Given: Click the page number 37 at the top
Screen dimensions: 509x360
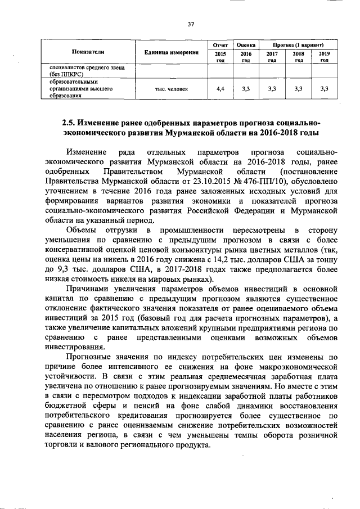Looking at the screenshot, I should tap(190, 24).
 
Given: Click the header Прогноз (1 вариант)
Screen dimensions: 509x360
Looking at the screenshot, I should tap(298, 43).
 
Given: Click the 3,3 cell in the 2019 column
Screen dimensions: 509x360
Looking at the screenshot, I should tap(324, 89).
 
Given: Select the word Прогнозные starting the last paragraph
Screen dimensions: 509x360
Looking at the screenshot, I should tap(89, 357).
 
